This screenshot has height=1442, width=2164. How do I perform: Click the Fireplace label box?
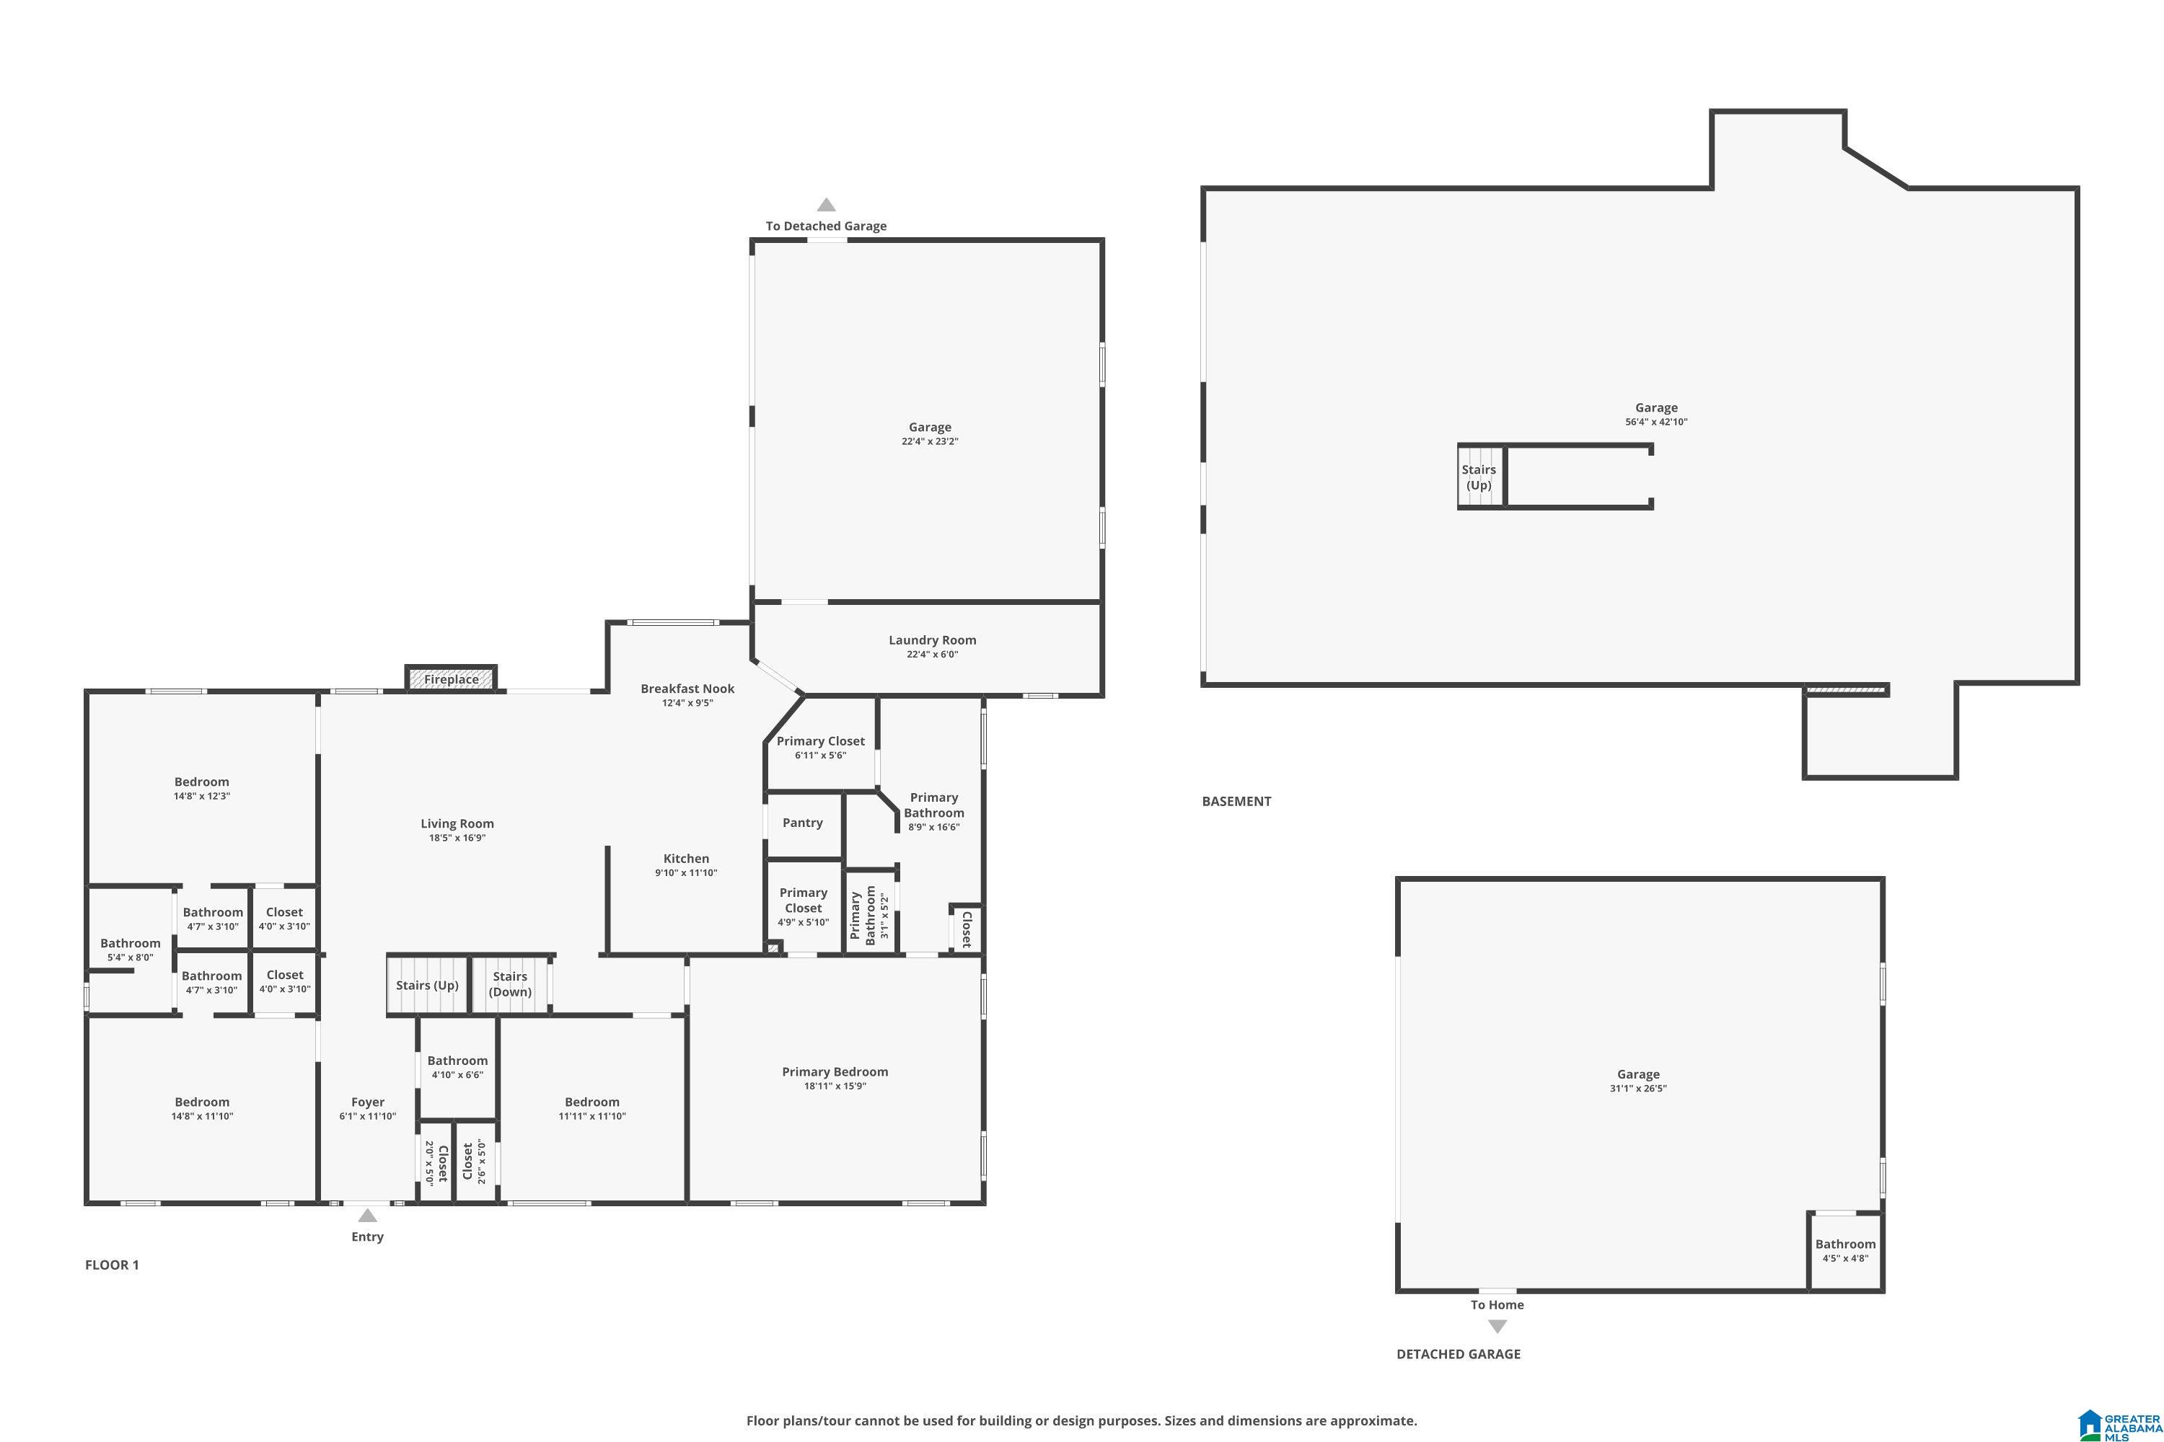pyautogui.click(x=451, y=678)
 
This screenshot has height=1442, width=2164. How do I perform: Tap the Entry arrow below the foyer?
pyautogui.click(x=367, y=1216)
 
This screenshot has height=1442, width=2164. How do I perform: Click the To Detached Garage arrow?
pyautogui.click(x=826, y=205)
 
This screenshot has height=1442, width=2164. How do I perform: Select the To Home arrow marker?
pyautogui.click(x=1497, y=1326)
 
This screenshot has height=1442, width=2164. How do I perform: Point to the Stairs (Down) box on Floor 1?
pyautogui.click(x=510, y=984)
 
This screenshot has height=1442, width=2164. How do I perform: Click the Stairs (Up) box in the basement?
pyautogui.click(x=1479, y=477)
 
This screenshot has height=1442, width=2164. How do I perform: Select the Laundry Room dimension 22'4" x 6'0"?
pyautogui.click(x=932, y=655)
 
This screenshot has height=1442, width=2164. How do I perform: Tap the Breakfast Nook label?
pyautogui.click(x=687, y=688)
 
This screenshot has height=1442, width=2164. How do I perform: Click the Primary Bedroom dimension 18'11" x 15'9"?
pyautogui.click(x=835, y=1086)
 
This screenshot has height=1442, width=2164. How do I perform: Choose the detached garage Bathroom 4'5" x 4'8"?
pyautogui.click(x=1844, y=1251)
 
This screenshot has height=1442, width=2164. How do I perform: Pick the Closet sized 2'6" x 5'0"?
pyautogui.click(x=474, y=1162)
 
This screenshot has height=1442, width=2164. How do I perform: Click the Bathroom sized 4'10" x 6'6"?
pyautogui.click(x=457, y=1067)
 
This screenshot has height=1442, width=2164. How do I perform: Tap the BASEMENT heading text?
pyautogui.click(x=1236, y=801)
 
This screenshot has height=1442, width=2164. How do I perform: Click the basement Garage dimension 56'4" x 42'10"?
pyautogui.click(x=1655, y=422)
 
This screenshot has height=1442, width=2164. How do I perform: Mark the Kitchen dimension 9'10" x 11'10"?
pyautogui.click(x=685, y=872)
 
